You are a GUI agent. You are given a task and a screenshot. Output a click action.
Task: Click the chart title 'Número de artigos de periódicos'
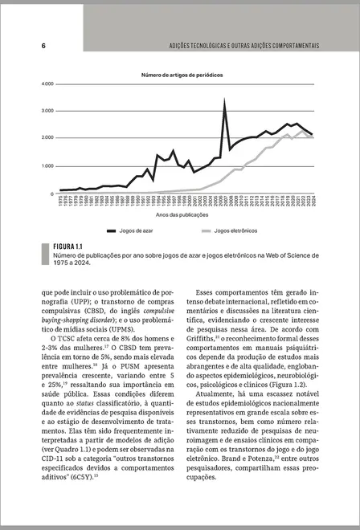click(x=182, y=75)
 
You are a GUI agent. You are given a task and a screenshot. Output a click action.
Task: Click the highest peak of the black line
click(x=224, y=100)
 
